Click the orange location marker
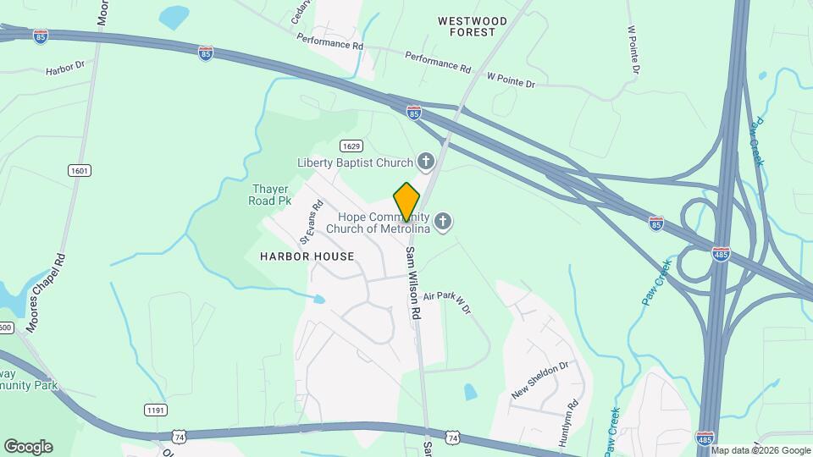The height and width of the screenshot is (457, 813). (x=406, y=201)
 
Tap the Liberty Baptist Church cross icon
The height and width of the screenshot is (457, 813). (x=425, y=162)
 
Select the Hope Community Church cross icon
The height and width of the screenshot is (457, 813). (x=443, y=223)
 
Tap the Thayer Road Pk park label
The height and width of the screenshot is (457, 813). (x=271, y=195)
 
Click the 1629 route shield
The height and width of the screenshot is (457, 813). (x=351, y=146)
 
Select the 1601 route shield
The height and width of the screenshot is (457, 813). (x=80, y=171)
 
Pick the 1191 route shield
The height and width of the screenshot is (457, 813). (x=155, y=410)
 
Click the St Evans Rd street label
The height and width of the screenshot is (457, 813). (x=311, y=218)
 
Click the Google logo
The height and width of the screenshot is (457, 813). (x=28, y=447)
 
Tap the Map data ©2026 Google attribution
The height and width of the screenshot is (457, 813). (x=761, y=449)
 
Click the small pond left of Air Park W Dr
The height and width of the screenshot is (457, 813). (x=318, y=299)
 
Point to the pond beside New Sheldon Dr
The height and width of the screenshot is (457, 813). (x=470, y=392)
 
